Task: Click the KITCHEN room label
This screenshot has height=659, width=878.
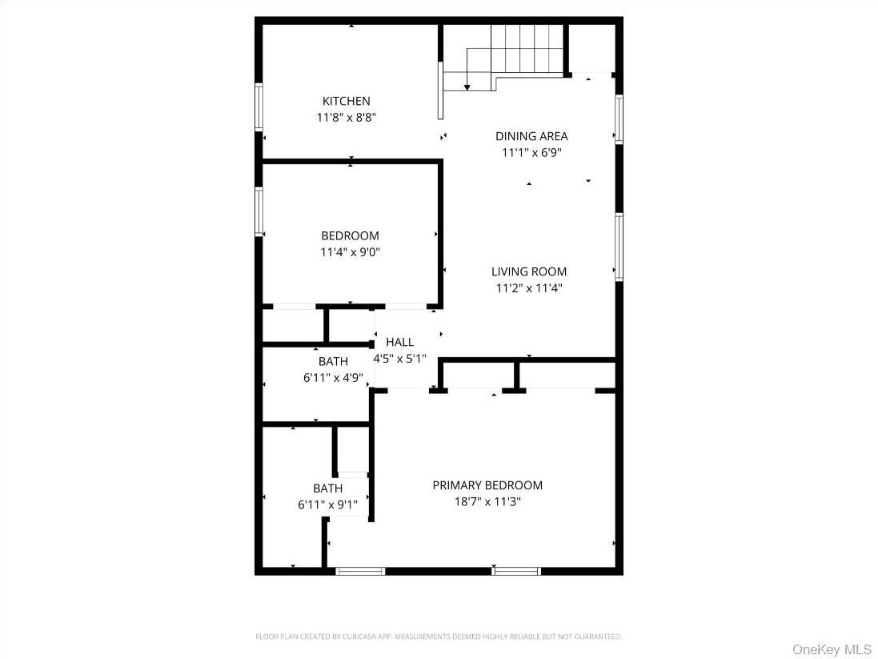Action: point(346,101)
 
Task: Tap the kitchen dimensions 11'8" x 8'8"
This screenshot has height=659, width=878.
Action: point(346,117)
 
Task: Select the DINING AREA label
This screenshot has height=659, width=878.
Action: point(531,136)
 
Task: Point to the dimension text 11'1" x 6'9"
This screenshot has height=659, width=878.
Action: point(531,152)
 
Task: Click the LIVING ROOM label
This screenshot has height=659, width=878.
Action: point(529,271)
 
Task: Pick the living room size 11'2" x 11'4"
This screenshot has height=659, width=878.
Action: point(529,288)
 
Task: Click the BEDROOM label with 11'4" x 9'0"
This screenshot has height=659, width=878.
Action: point(350,235)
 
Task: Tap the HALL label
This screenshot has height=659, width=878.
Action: point(399,342)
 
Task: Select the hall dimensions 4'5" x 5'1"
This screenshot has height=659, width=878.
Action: point(399,359)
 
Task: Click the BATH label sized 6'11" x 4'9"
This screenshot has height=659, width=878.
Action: point(333,362)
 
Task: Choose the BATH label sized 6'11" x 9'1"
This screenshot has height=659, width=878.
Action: point(327,488)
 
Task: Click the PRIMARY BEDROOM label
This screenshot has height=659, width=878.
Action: point(487,485)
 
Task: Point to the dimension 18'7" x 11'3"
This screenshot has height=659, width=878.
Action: point(487,502)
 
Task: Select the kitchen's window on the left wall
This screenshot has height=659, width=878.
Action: point(259,106)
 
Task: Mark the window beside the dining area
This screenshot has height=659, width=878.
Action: point(619,119)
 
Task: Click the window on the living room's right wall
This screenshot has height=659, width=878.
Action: point(619,247)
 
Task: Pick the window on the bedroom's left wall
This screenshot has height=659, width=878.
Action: point(259,211)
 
